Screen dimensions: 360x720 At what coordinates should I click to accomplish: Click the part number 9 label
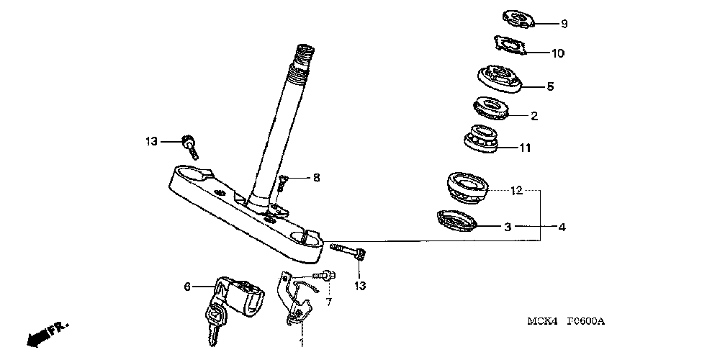point(564,24)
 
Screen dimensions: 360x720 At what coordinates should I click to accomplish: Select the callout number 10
point(558,53)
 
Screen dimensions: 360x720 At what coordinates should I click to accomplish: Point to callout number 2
point(534,115)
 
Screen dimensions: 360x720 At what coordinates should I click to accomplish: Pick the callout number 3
point(507,226)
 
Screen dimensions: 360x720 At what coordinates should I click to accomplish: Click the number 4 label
point(562,228)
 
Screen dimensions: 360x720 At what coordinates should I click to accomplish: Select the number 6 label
point(187,287)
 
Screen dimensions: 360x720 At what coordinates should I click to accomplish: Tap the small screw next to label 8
point(282,184)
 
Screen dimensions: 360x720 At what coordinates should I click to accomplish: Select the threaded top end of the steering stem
point(303,55)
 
